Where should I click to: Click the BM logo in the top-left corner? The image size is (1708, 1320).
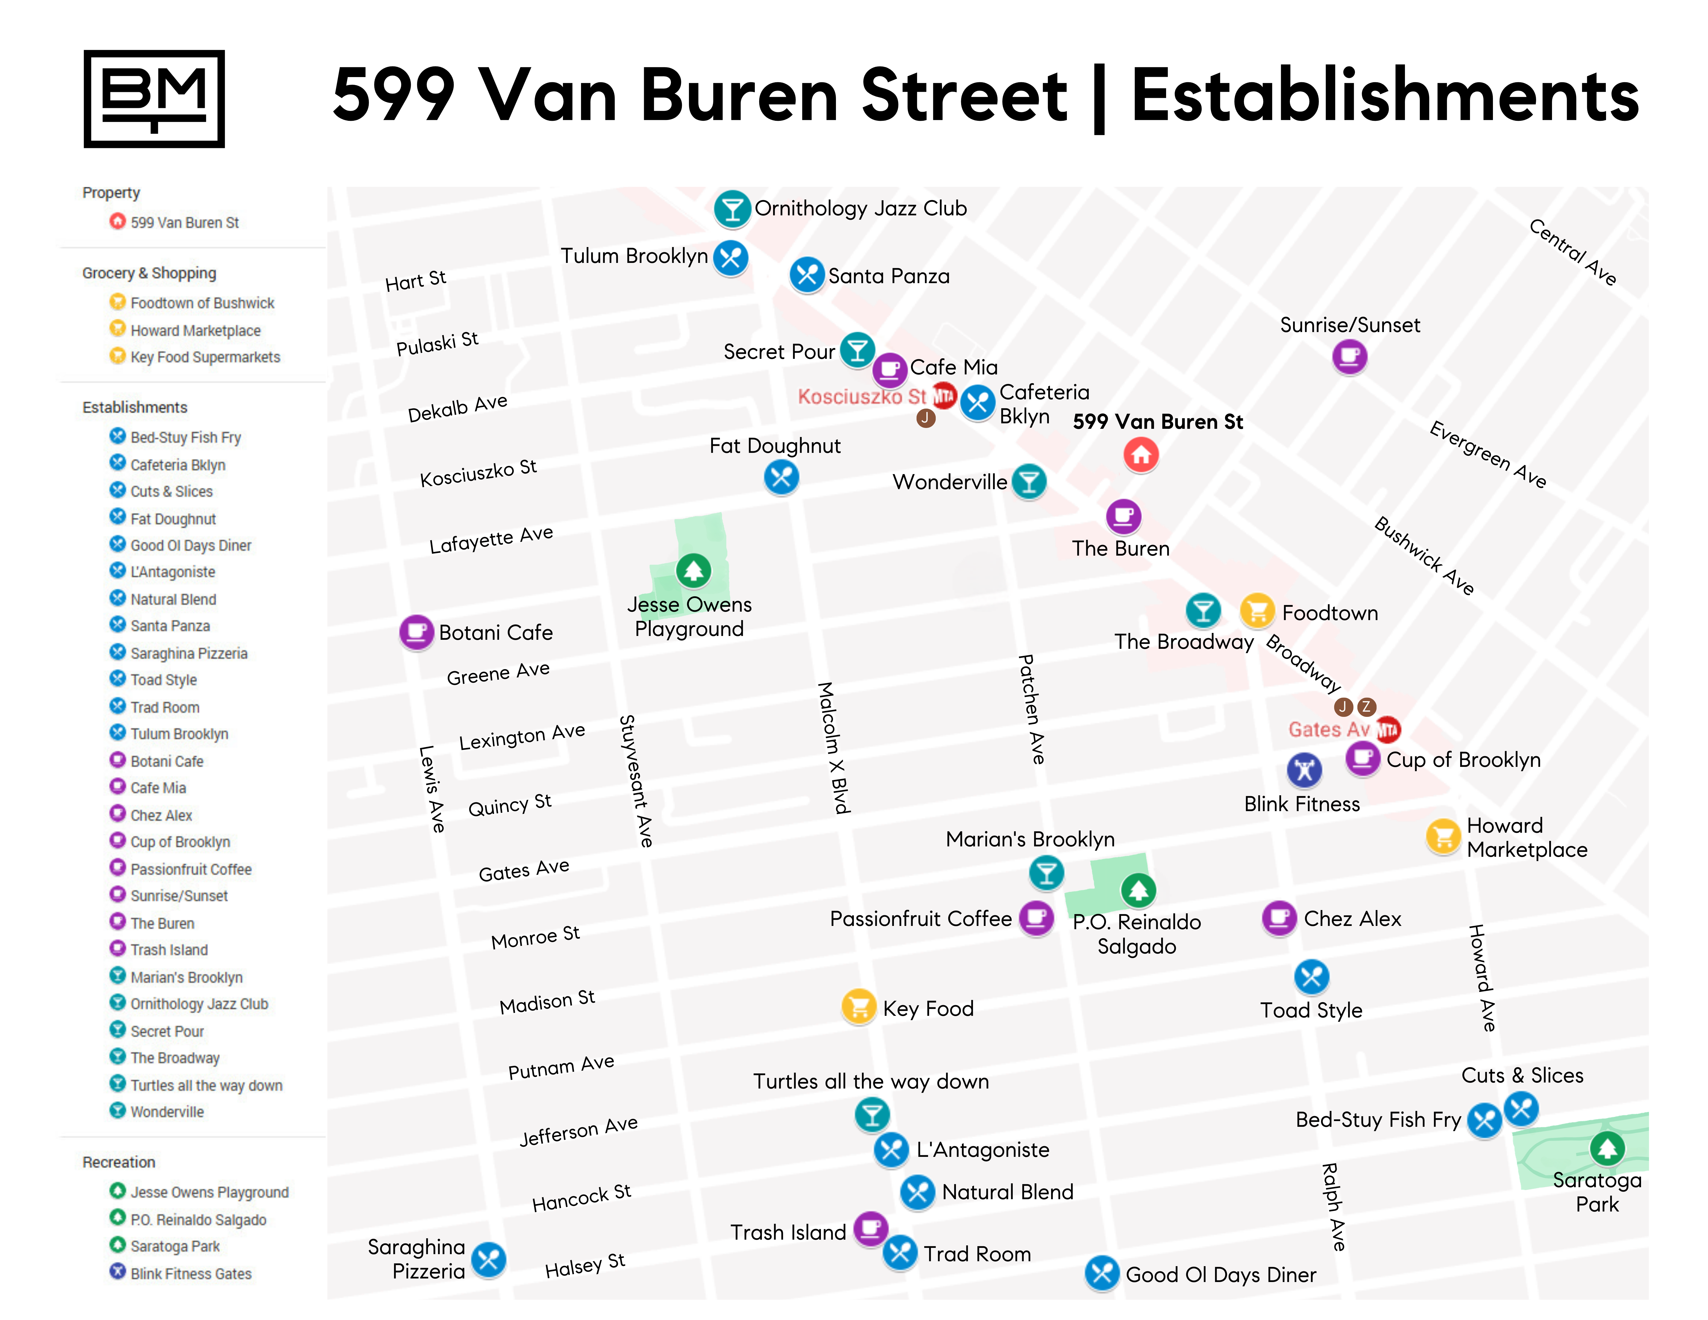coord(154,99)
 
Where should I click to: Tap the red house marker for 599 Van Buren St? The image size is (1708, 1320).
coord(1141,454)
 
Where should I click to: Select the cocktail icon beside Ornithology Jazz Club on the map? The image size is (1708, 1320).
coord(732,209)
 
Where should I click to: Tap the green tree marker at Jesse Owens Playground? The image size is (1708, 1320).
coord(693,570)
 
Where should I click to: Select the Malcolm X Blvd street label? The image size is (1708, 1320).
coord(834,747)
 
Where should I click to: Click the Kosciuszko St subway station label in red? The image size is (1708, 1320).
coord(862,397)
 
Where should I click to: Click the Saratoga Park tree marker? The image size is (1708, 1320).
coord(1607,1148)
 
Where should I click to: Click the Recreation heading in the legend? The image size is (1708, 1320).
coord(119,1162)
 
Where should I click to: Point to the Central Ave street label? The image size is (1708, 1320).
coord(1572,252)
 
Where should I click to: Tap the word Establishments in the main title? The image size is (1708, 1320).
coord(1384,95)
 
